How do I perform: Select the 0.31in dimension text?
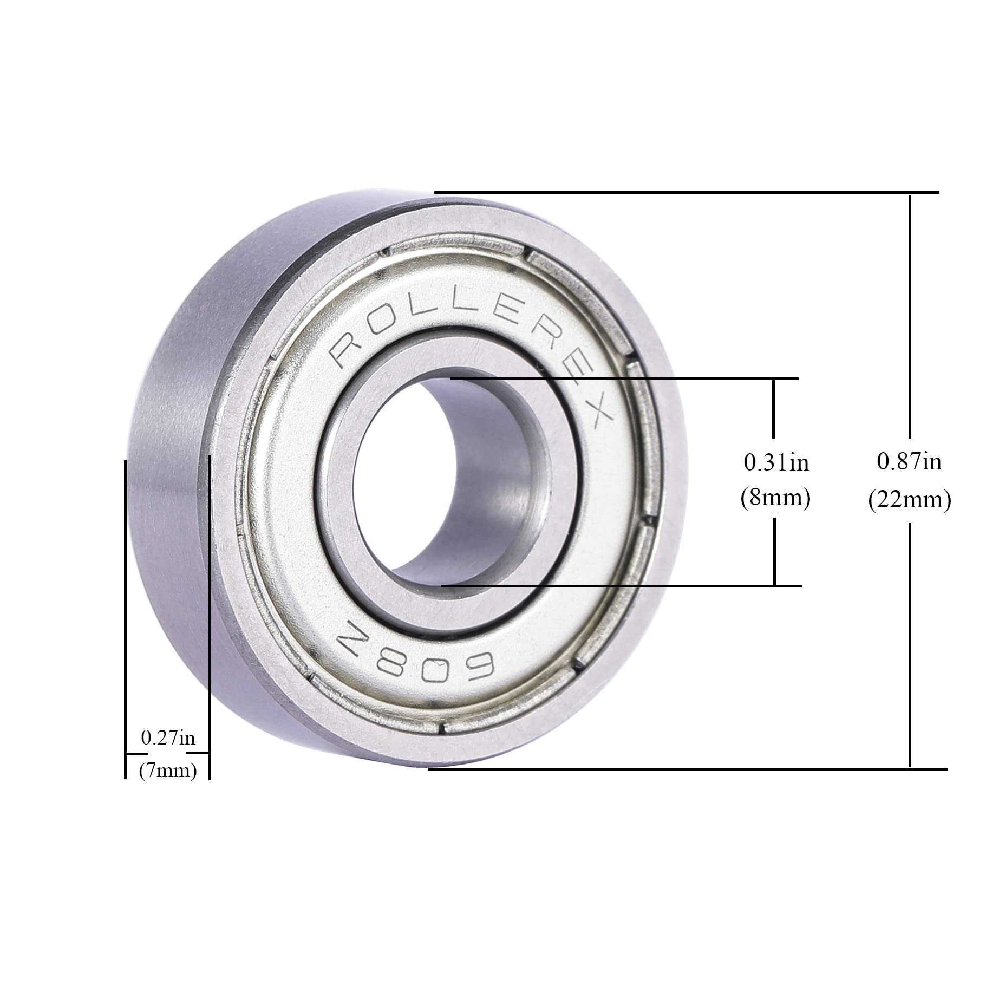point(776,462)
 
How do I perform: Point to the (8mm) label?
point(775,498)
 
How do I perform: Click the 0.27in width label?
point(168,737)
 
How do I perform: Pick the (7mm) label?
point(168,770)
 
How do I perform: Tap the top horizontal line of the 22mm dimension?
point(688,192)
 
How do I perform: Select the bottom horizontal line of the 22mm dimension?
point(688,768)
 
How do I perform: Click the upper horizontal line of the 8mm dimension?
point(623,378)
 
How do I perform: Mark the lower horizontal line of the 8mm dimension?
point(623,586)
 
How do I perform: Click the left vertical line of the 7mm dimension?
point(126,617)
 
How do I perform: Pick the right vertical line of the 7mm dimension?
point(210,617)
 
